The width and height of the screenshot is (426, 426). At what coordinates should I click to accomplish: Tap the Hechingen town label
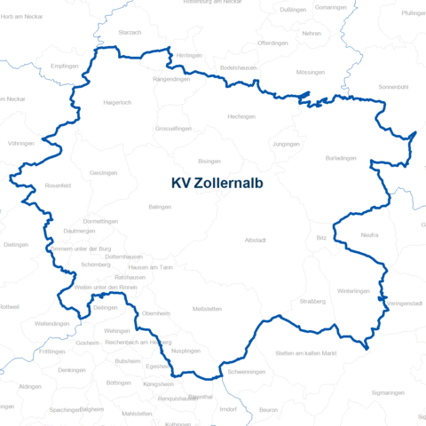pos(241,116)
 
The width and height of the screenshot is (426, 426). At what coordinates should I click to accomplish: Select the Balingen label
pos(160,206)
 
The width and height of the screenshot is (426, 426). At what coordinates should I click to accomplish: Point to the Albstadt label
pos(256,240)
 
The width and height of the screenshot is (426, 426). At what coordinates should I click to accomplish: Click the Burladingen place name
pos(341,157)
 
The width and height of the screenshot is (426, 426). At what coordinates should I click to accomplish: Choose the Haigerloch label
pos(118,102)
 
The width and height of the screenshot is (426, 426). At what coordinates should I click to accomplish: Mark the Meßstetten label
pos(207,308)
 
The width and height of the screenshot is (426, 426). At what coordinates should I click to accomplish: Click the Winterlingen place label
pos(353,291)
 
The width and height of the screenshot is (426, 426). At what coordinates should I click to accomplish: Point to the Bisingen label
pos(209,161)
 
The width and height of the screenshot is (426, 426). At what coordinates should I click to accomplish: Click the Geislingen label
pos(104,172)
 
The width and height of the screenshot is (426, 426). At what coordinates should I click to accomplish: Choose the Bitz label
pos(321,239)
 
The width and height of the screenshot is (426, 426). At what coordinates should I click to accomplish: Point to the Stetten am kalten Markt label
pos(306,353)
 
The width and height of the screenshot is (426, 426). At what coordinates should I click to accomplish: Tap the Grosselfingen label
pos(173,129)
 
